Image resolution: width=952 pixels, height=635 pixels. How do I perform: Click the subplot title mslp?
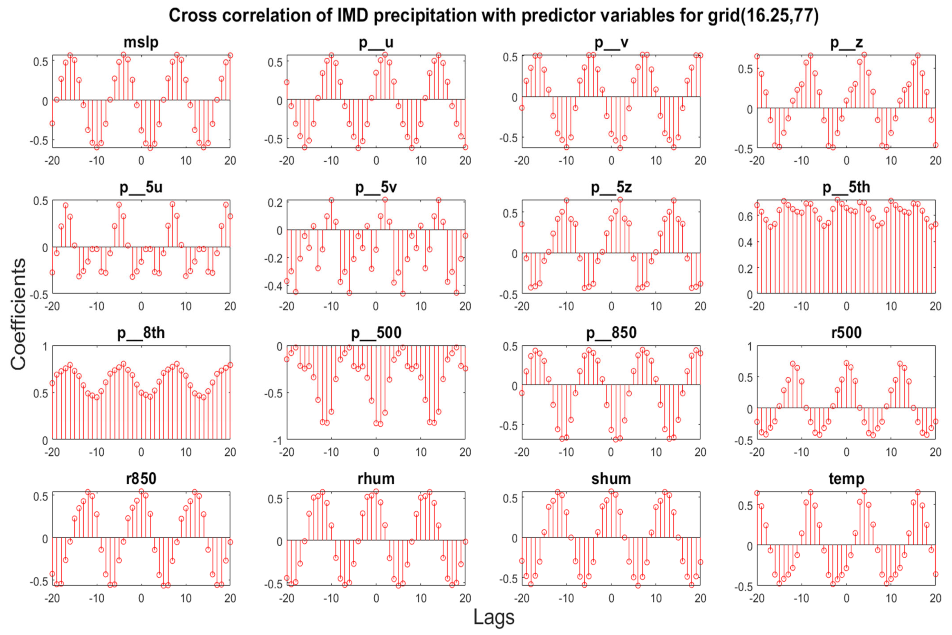coord(141,42)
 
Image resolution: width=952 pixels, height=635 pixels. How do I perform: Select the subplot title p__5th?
coord(846,187)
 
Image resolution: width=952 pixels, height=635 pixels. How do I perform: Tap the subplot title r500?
coord(846,333)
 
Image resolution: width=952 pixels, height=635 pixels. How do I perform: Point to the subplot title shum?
coord(611,479)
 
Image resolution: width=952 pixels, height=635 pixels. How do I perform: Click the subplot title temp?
coord(846,479)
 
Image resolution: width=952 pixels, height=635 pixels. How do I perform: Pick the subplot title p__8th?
coord(141,333)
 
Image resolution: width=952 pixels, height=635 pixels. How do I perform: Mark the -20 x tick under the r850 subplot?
coord(52,598)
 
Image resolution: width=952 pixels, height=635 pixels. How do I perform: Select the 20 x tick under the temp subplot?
coord(935,598)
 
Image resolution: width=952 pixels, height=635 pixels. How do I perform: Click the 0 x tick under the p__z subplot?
coord(846,161)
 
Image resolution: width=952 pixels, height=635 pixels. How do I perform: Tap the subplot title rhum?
coord(376,479)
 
